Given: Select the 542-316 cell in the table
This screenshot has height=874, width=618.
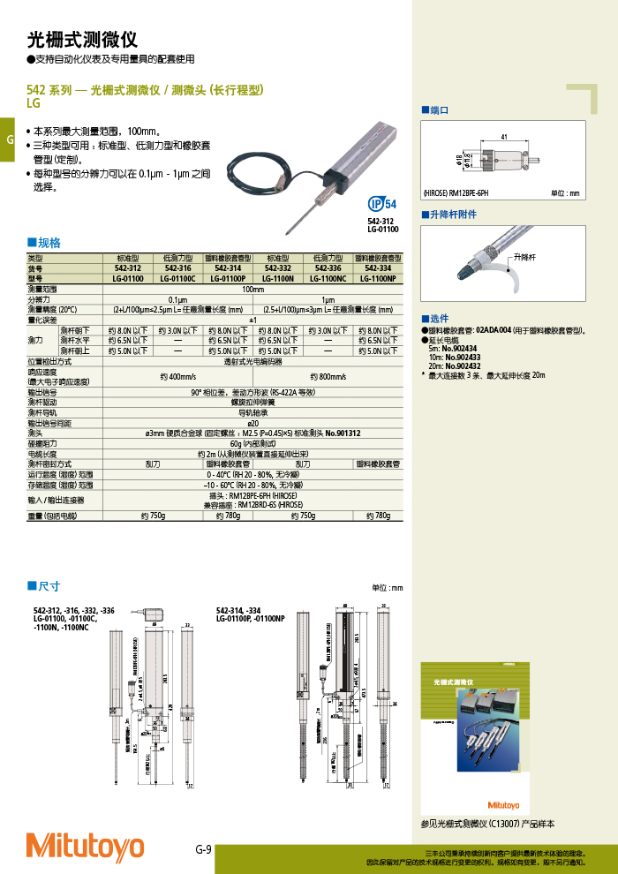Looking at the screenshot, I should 178,267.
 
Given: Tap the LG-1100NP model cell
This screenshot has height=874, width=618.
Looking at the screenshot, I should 379,278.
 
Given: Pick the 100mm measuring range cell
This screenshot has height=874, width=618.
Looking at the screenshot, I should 253,289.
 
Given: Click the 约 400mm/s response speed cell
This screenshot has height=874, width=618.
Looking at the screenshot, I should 178,376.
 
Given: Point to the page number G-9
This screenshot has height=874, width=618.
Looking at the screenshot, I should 203,850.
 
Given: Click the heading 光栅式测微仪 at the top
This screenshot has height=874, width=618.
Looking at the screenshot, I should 82,39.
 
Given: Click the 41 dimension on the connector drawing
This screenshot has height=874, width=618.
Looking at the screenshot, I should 503,138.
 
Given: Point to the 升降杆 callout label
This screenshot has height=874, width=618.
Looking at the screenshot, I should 525,256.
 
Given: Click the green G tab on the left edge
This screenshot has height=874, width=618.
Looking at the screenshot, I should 7,140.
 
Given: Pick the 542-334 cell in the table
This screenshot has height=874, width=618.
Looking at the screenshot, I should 379,267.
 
